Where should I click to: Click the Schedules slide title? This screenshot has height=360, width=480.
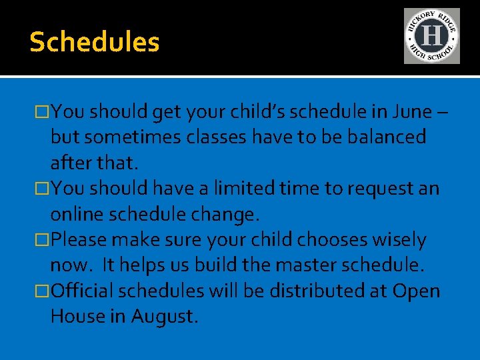[x=95, y=42]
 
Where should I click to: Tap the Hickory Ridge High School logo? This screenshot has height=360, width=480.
[x=431, y=36]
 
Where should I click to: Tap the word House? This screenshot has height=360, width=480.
[x=77, y=317]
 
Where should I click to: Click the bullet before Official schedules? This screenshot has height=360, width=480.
[x=44, y=291]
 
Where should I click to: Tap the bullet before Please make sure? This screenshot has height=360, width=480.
[x=44, y=240]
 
